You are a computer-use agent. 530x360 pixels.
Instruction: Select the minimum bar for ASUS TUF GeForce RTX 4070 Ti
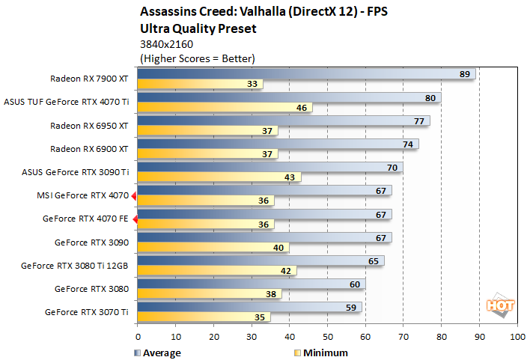click(x=225, y=107)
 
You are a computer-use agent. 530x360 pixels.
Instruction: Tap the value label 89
click(x=465, y=73)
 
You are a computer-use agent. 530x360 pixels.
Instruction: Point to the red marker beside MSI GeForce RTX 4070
click(x=134, y=196)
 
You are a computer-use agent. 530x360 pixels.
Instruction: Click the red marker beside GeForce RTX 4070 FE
click(x=134, y=220)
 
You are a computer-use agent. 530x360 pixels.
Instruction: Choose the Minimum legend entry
click(x=321, y=352)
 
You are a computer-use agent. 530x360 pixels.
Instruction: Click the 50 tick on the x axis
click(x=327, y=337)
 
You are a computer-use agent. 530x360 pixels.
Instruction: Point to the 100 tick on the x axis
click(x=516, y=337)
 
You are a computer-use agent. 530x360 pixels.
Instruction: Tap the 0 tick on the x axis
click(x=138, y=337)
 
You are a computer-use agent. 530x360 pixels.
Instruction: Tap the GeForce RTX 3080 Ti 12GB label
click(x=75, y=265)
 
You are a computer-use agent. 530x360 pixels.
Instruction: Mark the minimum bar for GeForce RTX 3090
click(x=213, y=248)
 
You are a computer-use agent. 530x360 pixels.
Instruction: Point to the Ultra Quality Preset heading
click(x=198, y=28)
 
